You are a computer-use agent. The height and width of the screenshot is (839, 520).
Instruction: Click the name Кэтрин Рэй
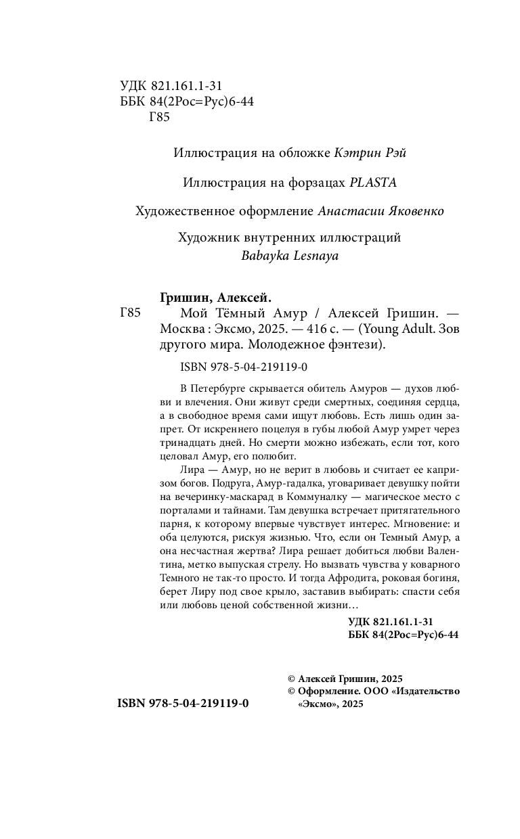pyautogui.click(x=370, y=154)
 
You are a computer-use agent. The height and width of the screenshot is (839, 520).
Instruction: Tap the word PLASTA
pyautogui.click(x=372, y=182)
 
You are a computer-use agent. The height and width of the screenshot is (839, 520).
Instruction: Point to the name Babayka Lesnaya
pyautogui.click(x=289, y=256)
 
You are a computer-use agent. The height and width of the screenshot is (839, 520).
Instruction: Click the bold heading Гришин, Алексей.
pyautogui.click(x=215, y=298)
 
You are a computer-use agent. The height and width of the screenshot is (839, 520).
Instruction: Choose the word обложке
pyautogui.click(x=298, y=154)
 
